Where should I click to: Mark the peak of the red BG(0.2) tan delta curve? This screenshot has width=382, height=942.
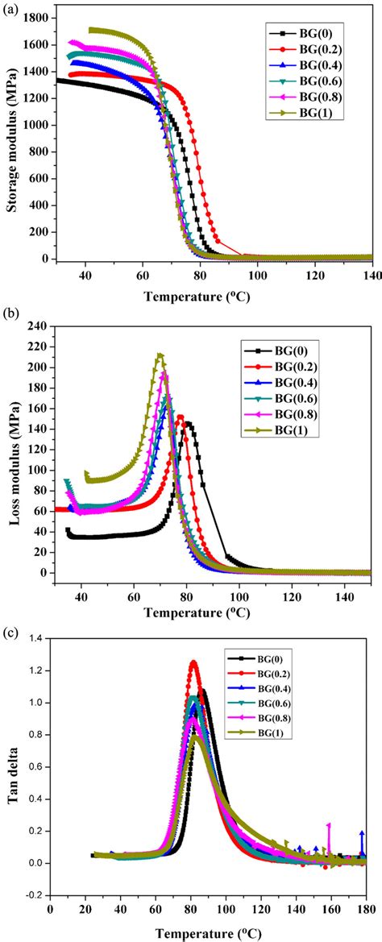[193, 662]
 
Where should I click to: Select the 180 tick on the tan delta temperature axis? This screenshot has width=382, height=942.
[365, 907]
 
